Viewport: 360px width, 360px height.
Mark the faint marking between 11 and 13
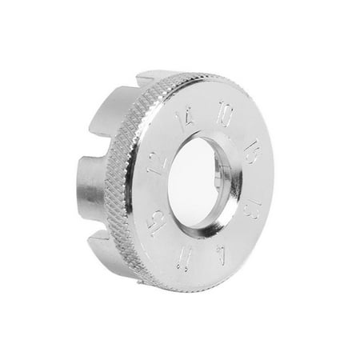click(x=221, y=258)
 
